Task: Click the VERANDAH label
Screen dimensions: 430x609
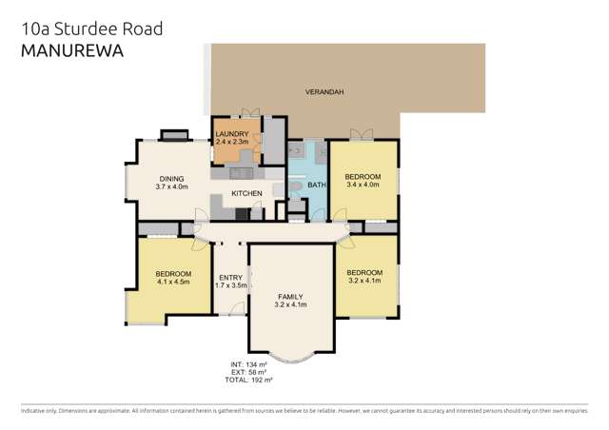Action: coord(324,92)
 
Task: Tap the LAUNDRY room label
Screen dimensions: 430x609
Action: coord(232,134)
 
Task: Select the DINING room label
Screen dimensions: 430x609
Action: coord(172,178)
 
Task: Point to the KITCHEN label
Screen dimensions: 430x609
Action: coord(246,194)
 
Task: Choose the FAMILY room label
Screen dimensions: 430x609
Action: coord(291,296)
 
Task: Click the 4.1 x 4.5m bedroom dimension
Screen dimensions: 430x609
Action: coord(173,283)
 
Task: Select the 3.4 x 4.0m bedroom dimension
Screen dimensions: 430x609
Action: coord(363,186)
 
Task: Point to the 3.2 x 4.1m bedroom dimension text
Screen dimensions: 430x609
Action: coord(364,281)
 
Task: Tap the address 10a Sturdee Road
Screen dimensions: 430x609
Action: coord(91,29)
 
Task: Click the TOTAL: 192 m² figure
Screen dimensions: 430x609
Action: coord(247,380)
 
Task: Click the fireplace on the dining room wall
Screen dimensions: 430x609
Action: coord(174,135)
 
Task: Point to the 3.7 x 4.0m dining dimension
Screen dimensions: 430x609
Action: coord(172,186)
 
